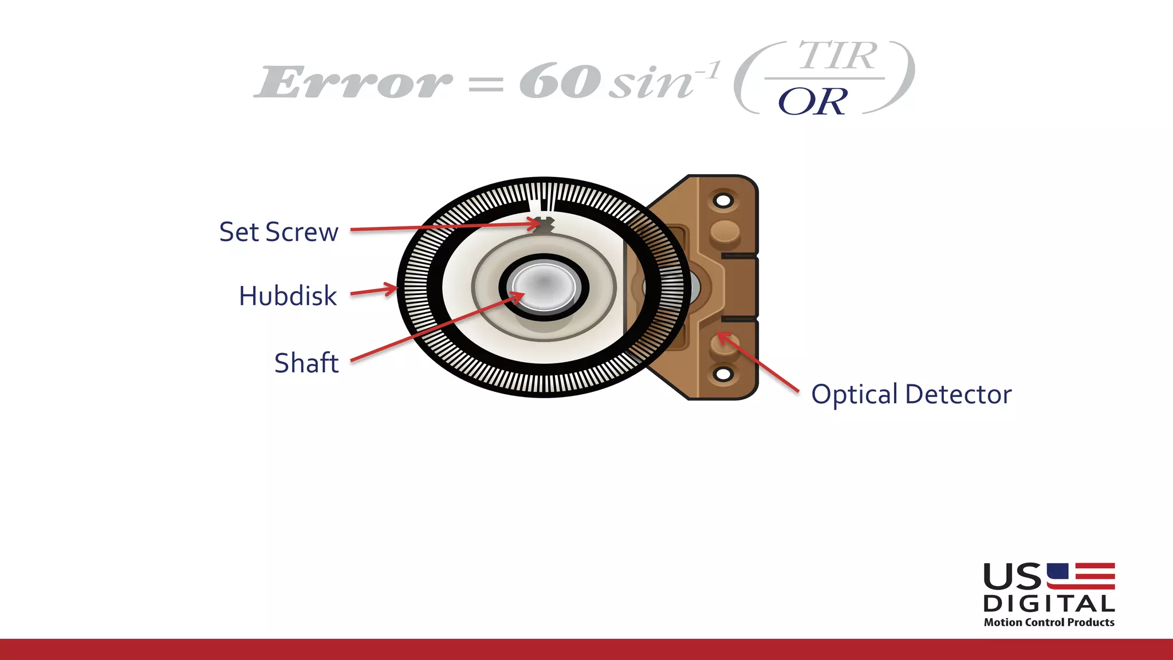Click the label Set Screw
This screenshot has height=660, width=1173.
[278, 232]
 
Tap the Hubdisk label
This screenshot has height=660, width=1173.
[288, 296]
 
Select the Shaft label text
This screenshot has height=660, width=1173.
[306, 363]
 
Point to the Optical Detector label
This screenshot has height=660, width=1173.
[911, 395]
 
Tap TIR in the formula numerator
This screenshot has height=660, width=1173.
[837, 56]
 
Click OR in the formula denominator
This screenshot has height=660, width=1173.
[812, 102]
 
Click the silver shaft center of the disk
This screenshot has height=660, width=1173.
[544, 285]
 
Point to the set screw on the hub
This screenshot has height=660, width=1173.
[544, 225]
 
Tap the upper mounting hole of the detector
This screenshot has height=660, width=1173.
[723, 201]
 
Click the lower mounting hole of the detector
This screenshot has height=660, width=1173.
[723, 374]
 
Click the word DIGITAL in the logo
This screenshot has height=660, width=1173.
[1049, 604]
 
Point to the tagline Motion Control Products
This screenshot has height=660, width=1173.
[1049, 622]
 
